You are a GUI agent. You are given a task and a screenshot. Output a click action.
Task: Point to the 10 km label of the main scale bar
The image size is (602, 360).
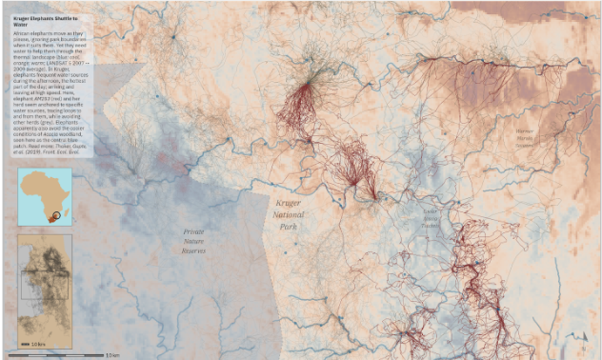point(111,354)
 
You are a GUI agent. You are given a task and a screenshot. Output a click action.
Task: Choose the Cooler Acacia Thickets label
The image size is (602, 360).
point(431,217)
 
